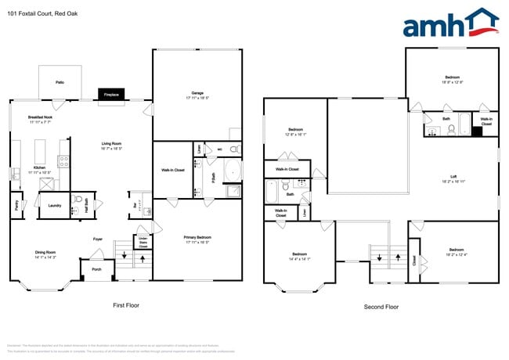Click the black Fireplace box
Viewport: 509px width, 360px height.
pyautogui.click(x=112, y=95)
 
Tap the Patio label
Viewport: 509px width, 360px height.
pyautogui.click(x=60, y=82)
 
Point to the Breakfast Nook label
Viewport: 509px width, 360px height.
pyautogui.click(x=41, y=120)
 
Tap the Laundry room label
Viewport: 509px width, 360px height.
pyautogui.click(x=54, y=206)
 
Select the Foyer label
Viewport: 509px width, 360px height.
pyautogui.click(x=98, y=239)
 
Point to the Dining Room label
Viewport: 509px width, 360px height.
pyautogui.click(x=45, y=254)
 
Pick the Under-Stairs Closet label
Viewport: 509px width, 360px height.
pyautogui.click(x=143, y=242)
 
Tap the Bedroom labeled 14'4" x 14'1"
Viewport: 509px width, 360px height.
pyautogui.click(x=300, y=256)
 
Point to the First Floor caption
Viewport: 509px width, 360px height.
pyautogui.click(x=125, y=305)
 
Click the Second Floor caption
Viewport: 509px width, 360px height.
pyautogui.click(x=381, y=307)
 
